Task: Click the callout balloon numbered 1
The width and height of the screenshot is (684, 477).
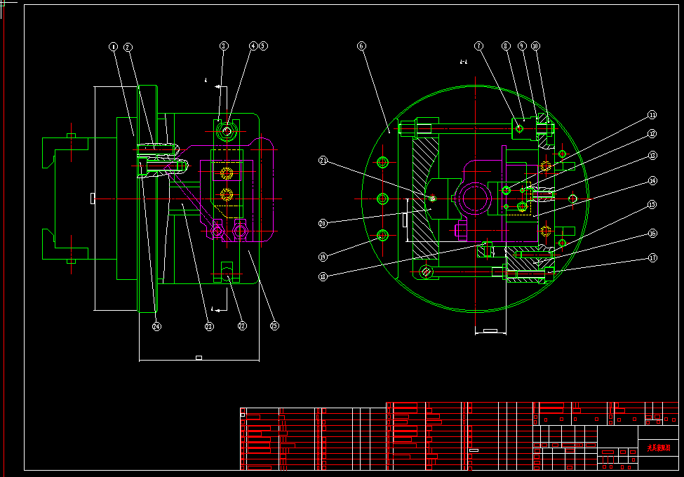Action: click(x=114, y=47)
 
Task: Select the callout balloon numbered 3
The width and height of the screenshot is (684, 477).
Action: click(x=224, y=46)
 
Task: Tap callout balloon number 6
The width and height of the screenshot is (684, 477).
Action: click(x=361, y=46)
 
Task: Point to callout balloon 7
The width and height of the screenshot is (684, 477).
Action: click(x=478, y=46)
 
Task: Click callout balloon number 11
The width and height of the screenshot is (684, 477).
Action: click(x=652, y=114)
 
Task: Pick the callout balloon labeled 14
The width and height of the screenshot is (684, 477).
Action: click(x=652, y=180)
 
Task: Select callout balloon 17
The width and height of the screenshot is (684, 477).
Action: click(x=652, y=257)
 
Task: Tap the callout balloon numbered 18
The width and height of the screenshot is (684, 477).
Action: click(x=323, y=276)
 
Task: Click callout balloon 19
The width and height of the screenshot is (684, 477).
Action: click(x=323, y=256)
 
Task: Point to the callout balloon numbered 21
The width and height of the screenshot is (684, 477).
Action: click(x=323, y=161)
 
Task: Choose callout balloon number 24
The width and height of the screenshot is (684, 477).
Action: click(x=156, y=326)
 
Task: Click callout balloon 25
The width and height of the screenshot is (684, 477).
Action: click(x=274, y=326)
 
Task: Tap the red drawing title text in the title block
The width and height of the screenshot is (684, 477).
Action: click(x=659, y=447)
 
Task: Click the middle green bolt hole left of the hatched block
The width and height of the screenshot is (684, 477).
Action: click(x=383, y=199)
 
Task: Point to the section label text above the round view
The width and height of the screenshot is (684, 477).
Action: click(x=463, y=62)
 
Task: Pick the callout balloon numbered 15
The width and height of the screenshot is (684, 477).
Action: click(x=652, y=205)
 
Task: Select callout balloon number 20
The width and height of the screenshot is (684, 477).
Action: click(x=323, y=224)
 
